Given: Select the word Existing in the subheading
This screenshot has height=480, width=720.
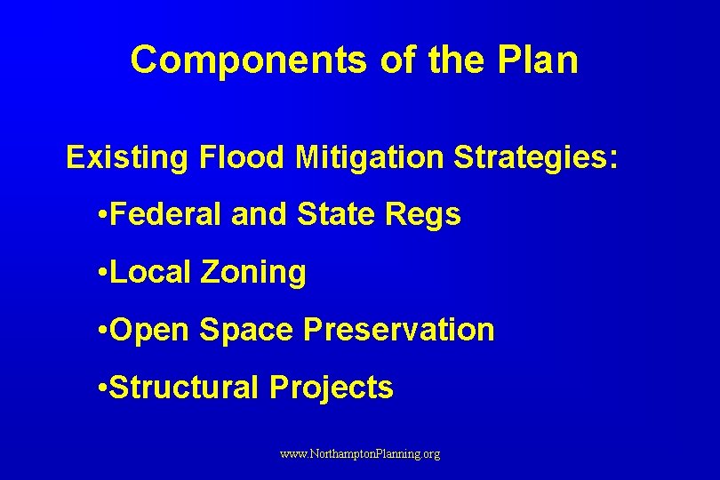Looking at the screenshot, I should [127, 158].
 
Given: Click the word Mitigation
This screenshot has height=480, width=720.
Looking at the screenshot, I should [370, 158].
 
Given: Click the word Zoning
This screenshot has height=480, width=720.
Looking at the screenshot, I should [253, 273].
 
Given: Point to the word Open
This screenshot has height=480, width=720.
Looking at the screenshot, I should [151, 330].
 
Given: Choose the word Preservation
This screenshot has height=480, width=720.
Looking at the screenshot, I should [399, 330].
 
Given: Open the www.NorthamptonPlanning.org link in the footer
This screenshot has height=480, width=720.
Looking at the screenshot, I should [360, 454].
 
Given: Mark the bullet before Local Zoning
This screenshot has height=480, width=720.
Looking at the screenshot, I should [105, 273].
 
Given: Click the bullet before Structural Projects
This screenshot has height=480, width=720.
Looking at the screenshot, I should [105, 388].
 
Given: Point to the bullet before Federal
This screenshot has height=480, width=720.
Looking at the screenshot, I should [105, 215].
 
